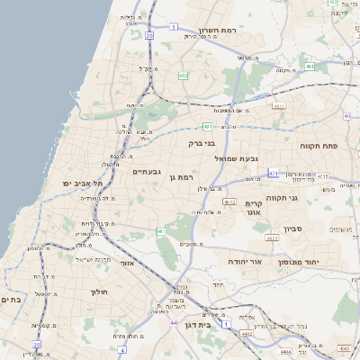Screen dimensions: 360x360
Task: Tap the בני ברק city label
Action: point(203,142)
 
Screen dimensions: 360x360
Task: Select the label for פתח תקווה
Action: point(319,145)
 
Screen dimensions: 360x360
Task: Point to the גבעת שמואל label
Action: point(236,158)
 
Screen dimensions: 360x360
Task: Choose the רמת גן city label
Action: point(187,177)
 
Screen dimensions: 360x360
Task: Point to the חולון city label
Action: point(99,292)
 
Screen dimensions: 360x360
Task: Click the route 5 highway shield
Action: point(172,27)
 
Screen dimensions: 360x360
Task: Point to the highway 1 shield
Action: point(226,321)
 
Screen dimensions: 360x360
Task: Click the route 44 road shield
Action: point(173,321)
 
